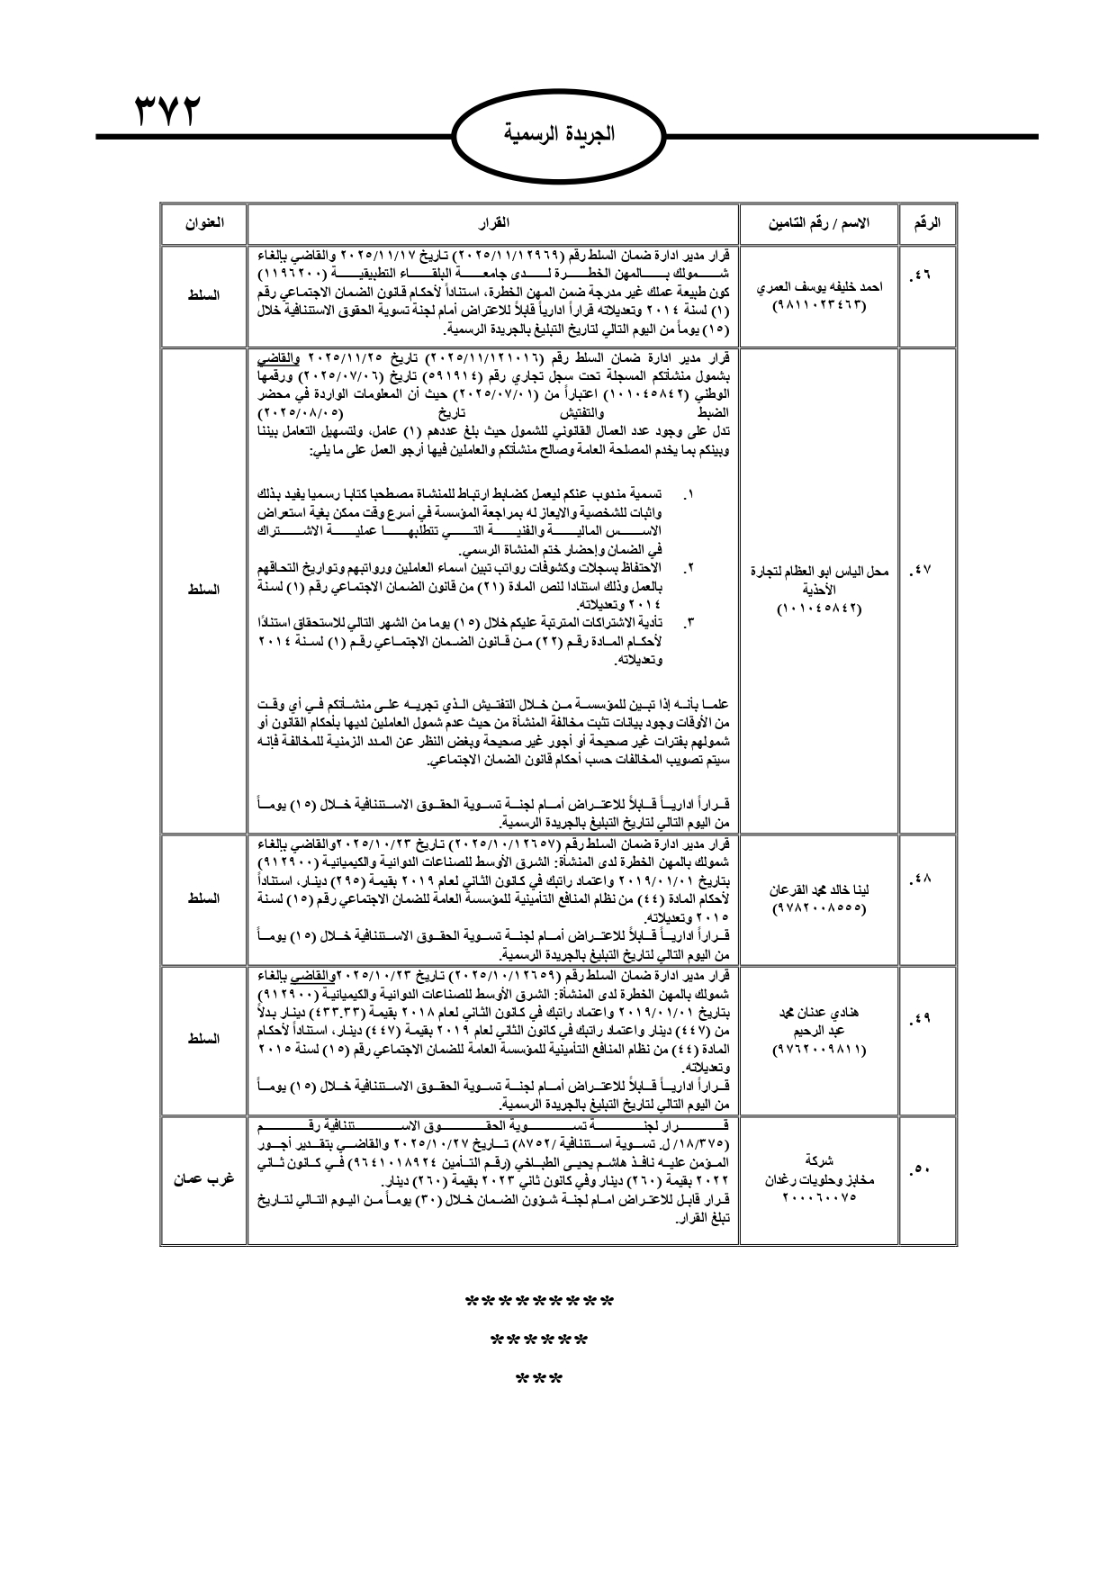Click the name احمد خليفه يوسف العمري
coord(818,286)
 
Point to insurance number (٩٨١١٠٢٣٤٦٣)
coord(818,305)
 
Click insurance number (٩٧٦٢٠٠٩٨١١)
coord(818,1051)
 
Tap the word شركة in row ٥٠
coord(818,1161)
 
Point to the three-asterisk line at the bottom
coord(539,1379)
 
